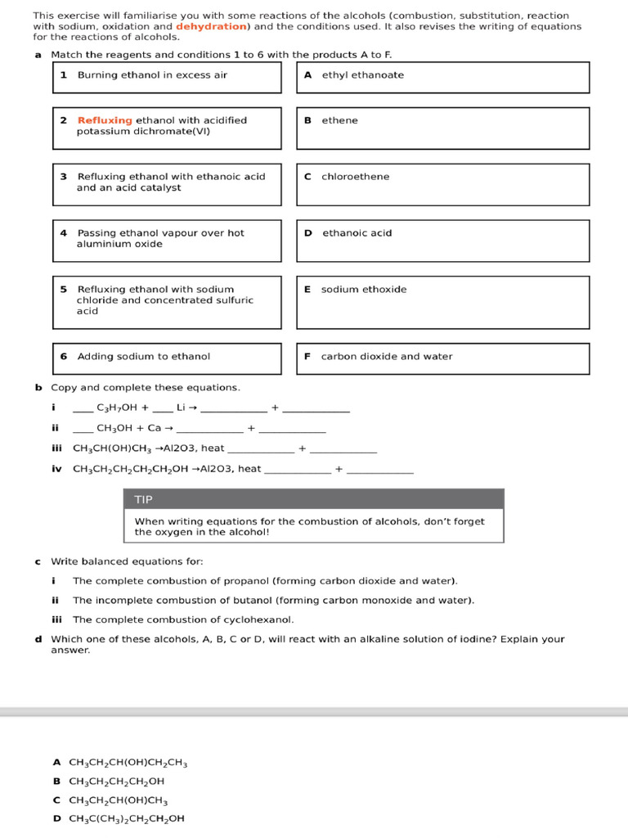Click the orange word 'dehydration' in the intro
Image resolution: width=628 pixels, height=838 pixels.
210,27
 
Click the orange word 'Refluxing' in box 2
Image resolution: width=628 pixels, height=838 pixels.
105,120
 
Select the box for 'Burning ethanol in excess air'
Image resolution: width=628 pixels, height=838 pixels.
167,77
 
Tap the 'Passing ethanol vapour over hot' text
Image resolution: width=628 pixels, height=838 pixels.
160,233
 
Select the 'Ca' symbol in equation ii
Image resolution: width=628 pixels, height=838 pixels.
154,427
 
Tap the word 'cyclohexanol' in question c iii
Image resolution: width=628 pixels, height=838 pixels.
262,619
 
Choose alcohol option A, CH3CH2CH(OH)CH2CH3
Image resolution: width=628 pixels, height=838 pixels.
128,764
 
